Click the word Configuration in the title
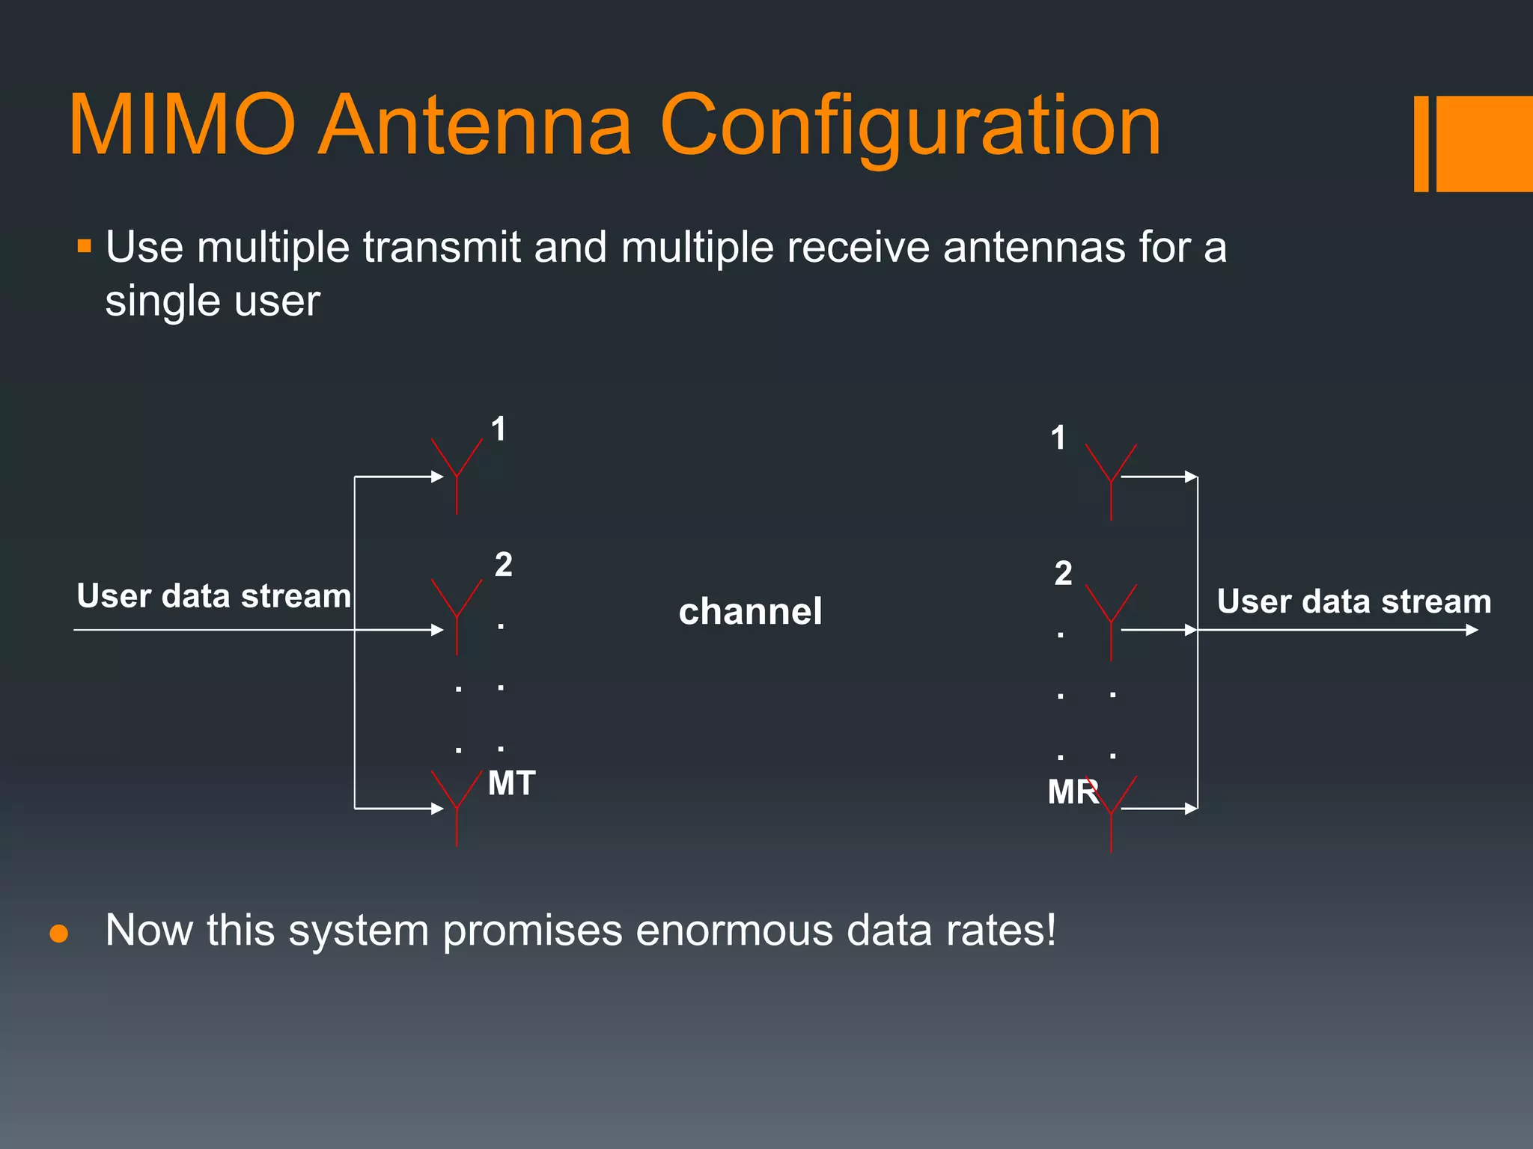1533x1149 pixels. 909,126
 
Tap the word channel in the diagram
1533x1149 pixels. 750,611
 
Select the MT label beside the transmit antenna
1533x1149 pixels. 511,783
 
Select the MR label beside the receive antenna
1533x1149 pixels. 1072,791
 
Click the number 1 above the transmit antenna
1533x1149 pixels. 499,429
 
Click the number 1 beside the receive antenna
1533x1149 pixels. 1058,438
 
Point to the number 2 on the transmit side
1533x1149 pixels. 503,565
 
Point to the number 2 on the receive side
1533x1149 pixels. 1063,574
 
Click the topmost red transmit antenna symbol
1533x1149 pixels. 457,471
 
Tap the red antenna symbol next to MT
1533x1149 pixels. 457,804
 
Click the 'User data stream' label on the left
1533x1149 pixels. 213,596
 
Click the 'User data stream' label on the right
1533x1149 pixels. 1353,601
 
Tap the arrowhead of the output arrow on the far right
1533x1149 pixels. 1472,630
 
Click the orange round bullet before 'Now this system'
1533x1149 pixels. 58,934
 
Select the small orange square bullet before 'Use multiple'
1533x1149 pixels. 84,246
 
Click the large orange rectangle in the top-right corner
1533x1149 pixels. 1484,144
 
